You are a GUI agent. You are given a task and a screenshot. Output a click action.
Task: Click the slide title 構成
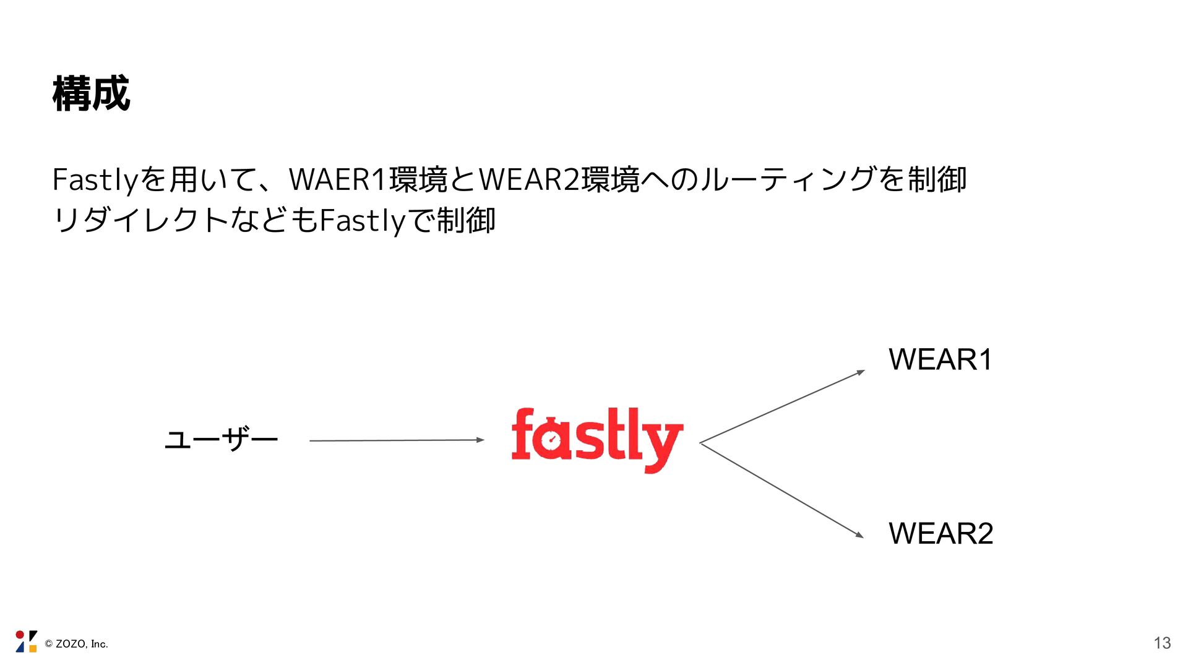91,94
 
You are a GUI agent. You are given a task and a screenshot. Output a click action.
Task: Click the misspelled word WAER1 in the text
338,180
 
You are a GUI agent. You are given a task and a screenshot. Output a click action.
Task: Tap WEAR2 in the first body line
530,180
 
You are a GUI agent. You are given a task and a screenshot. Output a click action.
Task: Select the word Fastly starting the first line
94,180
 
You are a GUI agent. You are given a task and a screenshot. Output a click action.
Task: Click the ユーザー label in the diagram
221,440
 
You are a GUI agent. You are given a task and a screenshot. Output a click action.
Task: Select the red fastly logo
597,440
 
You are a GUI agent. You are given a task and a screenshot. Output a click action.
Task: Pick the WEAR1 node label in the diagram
940,359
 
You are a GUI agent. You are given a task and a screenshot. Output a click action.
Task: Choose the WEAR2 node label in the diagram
940,533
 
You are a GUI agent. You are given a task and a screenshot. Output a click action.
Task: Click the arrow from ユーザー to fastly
396,440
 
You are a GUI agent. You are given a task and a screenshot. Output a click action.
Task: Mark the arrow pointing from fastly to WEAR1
782,406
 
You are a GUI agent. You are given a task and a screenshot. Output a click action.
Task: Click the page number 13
1162,643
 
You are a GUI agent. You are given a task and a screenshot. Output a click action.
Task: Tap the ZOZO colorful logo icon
26,641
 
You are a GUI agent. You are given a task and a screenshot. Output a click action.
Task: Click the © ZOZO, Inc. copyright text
77,644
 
